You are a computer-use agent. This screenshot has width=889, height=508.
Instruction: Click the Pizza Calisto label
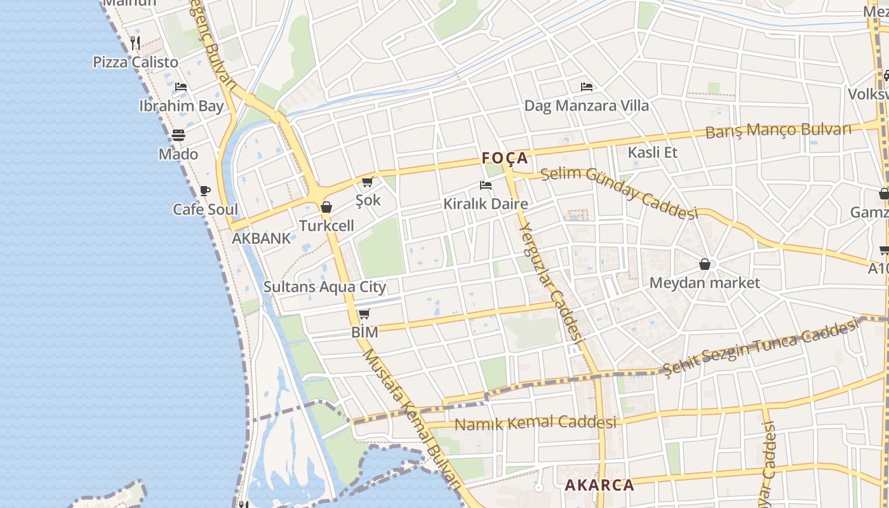(135, 62)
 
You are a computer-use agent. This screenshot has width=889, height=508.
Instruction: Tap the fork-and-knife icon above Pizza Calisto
(135, 43)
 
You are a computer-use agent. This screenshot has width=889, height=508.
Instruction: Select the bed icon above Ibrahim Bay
(181, 86)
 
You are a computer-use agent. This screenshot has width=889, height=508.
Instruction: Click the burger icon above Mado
(178, 135)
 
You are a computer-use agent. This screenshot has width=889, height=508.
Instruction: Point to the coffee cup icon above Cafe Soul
(205, 190)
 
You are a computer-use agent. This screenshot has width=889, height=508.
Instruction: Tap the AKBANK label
(261, 239)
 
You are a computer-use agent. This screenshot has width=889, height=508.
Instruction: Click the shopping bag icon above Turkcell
(326, 207)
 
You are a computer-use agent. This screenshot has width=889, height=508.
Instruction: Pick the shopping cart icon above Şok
(367, 182)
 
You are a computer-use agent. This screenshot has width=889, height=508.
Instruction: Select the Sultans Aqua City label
(324, 287)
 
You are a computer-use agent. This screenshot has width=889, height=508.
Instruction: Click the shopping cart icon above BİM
(364, 314)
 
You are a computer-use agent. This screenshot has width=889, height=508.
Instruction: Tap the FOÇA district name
(505, 158)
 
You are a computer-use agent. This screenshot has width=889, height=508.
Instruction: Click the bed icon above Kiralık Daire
(486, 185)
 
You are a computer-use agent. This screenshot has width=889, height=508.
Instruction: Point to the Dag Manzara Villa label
(586, 105)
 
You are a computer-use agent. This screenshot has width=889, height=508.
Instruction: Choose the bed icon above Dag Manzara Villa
(587, 86)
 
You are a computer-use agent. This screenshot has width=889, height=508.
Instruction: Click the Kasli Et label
(652, 152)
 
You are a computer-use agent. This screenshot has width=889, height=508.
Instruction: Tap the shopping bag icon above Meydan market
(704, 264)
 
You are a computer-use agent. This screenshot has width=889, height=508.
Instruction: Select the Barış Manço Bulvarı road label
(778, 131)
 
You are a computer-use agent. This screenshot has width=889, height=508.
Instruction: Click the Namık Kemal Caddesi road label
(536, 423)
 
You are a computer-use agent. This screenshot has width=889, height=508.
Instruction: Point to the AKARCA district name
(599, 485)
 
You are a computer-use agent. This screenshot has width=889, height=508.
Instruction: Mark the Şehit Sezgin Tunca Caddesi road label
(759, 349)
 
